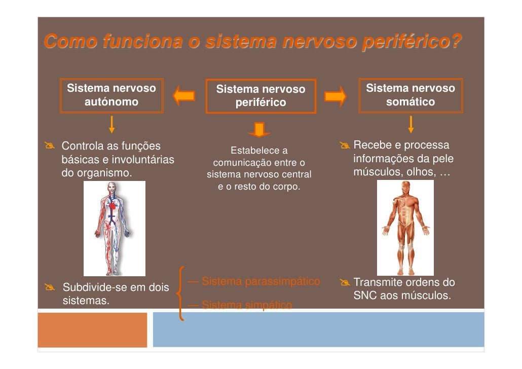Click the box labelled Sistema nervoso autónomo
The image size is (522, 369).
point(111,95)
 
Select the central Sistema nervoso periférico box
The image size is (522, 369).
point(260,96)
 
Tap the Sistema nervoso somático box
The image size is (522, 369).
point(411,95)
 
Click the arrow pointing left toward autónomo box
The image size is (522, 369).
point(184,96)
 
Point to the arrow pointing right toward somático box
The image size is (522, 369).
point(335,96)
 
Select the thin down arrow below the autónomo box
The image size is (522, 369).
point(111,124)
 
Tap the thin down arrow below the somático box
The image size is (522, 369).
point(411,124)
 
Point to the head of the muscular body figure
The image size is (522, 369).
point(405,187)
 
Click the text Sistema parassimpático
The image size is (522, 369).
point(260,281)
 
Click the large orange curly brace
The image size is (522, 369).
point(180,294)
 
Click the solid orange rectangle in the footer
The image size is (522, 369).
point(92,329)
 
